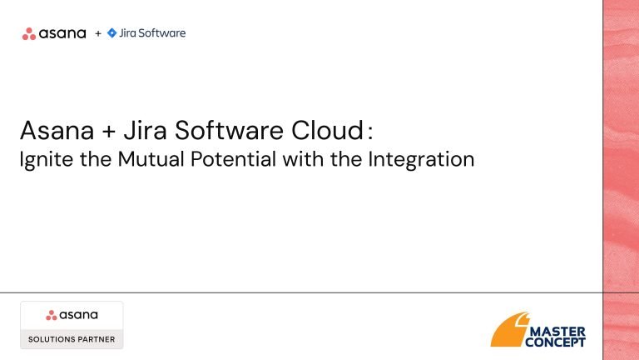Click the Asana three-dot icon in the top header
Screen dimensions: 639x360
pyautogui.click(x=29, y=34)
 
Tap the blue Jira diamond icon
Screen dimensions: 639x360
pyautogui.click(x=111, y=33)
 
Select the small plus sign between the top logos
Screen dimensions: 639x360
pyautogui.click(x=98, y=33)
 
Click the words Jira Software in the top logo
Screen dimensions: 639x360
pyautogui.click(x=152, y=33)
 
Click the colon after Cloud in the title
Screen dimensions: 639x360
pyautogui.click(x=369, y=132)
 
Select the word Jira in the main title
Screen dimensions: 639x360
pyautogui.click(x=145, y=130)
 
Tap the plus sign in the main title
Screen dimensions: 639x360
pyautogui.click(x=109, y=132)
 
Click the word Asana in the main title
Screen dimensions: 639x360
pyautogui.click(x=57, y=131)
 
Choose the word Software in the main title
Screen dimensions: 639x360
pyautogui.click(x=229, y=130)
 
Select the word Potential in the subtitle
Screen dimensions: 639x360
pyautogui.click(x=234, y=159)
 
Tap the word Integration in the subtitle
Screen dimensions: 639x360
pyautogui.click(x=421, y=159)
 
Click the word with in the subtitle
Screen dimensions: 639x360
pyautogui.click(x=303, y=159)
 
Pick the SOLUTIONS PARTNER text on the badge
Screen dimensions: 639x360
pyautogui.click(x=72, y=339)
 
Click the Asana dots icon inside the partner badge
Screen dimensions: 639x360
pyautogui.click(x=52, y=315)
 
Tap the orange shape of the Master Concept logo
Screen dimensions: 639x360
pyautogui.click(x=510, y=330)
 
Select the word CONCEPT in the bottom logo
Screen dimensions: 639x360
pyautogui.click(x=555, y=342)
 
